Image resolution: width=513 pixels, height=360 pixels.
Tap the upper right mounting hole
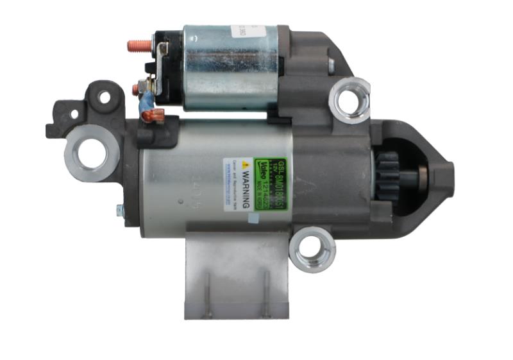click(x=349, y=100)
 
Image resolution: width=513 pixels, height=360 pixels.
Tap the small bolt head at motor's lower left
click(x=120, y=209)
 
